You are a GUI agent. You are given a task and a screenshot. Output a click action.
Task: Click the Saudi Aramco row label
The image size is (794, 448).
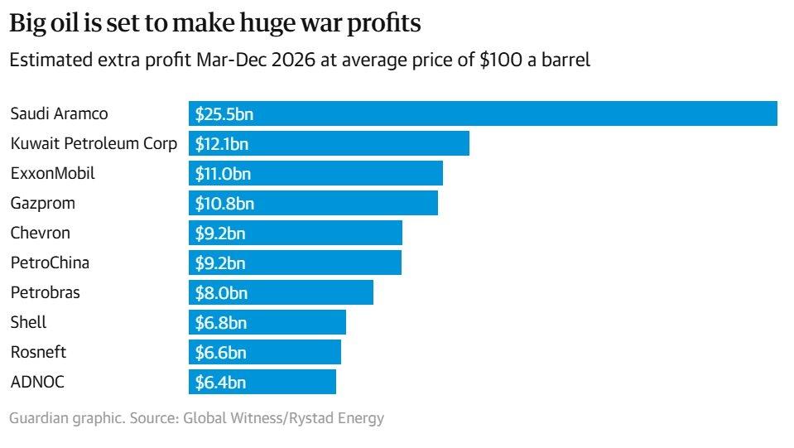coord(59,114)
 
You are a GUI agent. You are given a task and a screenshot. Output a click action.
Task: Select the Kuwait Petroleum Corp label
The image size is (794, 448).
coord(94,144)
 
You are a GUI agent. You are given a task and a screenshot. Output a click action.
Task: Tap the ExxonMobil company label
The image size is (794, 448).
coord(52,174)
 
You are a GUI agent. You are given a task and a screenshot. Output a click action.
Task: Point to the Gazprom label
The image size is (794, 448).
coord(42,204)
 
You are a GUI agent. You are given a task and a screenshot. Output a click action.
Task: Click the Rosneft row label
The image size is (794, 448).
coord(38,353)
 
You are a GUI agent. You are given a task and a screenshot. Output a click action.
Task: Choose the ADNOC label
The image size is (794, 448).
coord(37,383)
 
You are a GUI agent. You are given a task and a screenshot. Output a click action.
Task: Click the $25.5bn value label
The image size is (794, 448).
coord(224,114)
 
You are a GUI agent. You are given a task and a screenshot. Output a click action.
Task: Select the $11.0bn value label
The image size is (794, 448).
coord(223,174)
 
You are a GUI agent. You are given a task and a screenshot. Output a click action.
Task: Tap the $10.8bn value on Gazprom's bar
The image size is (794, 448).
coord(224,204)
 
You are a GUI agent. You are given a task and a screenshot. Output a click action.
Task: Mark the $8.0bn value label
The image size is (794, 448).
coord(221,293)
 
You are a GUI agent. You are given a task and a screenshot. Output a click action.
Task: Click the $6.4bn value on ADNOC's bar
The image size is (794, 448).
coord(220,383)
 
